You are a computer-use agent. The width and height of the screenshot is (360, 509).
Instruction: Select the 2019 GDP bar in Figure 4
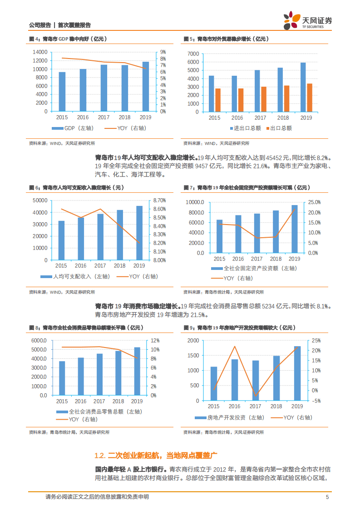tap(145, 86)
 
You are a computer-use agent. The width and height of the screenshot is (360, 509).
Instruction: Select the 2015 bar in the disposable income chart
tap(61, 240)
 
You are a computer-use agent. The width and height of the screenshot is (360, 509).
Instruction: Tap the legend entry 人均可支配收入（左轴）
tap(73, 276)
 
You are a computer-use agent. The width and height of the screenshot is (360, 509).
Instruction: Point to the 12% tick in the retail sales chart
tap(155, 341)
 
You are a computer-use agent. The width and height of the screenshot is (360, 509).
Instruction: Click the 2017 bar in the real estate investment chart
tap(256, 380)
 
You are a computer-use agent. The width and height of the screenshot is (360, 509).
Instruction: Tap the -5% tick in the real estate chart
tap(316, 401)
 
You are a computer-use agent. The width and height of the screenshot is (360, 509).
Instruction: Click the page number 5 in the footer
tap(327, 497)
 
